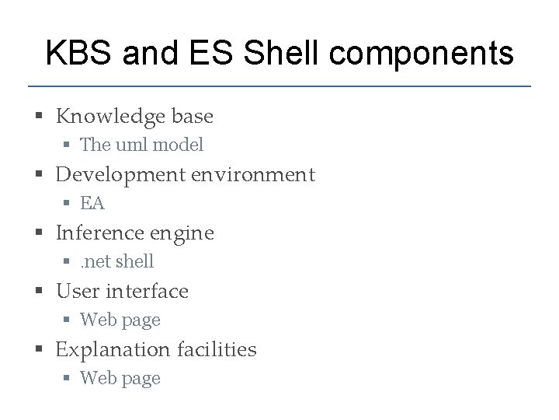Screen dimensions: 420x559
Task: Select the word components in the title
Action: pyautogui.click(x=425, y=54)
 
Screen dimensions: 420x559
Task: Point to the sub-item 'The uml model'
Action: pyautogui.click(x=141, y=145)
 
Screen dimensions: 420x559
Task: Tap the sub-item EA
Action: pyautogui.click(x=92, y=203)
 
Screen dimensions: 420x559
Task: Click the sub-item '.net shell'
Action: pyautogui.click(x=117, y=261)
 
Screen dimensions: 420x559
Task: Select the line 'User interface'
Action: pyautogui.click(x=122, y=291)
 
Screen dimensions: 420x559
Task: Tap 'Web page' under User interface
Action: pyautogui.click(x=120, y=320)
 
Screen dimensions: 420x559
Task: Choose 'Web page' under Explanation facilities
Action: pyautogui.click(x=120, y=378)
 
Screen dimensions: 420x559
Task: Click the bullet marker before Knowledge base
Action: pyautogui.click(x=39, y=117)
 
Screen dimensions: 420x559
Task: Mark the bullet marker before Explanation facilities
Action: pyautogui.click(x=39, y=350)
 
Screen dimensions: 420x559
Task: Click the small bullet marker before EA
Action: pyautogui.click(x=68, y=204)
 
